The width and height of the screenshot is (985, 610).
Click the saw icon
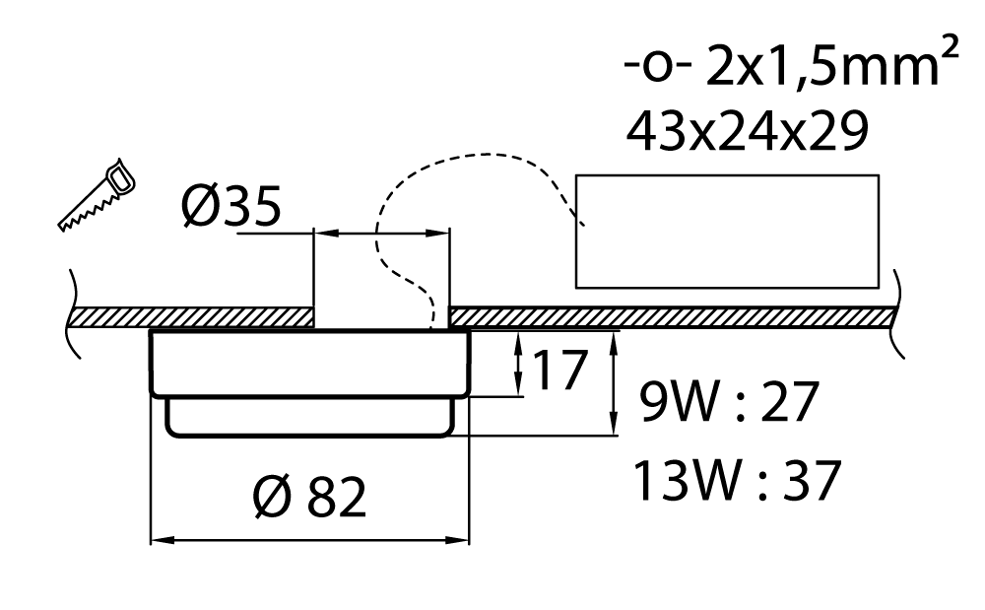[98, 195]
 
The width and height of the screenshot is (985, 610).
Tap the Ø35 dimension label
[231, 207]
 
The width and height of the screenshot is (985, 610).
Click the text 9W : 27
[729, 401]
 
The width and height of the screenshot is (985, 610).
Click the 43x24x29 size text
[748, 131]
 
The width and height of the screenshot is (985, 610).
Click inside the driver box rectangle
[727, 232]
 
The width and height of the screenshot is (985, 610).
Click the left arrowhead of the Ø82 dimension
[160, 540]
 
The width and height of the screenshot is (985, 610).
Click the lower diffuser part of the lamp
[309, 418]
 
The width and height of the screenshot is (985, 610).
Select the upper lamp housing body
[309, 363]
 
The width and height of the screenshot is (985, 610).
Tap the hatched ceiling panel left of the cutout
[191, 318]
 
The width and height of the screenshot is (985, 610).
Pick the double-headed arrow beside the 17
[518, 364]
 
